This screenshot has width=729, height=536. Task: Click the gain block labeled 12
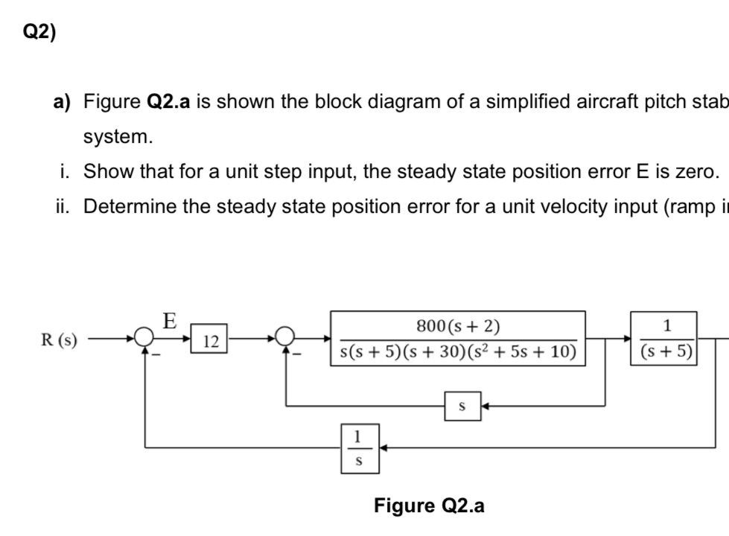tap(211, 342)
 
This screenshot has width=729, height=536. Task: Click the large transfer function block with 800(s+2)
tap(458, 339)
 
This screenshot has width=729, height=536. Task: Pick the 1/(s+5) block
tap(666, 339)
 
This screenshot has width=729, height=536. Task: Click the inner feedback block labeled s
tap(462, 406)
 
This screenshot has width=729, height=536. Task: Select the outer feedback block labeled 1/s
tap(360, 448)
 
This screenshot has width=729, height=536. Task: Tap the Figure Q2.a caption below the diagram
tap(429, 506)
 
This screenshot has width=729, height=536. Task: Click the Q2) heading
tap(39, 33)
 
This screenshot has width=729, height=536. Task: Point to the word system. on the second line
tap(118, 137)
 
